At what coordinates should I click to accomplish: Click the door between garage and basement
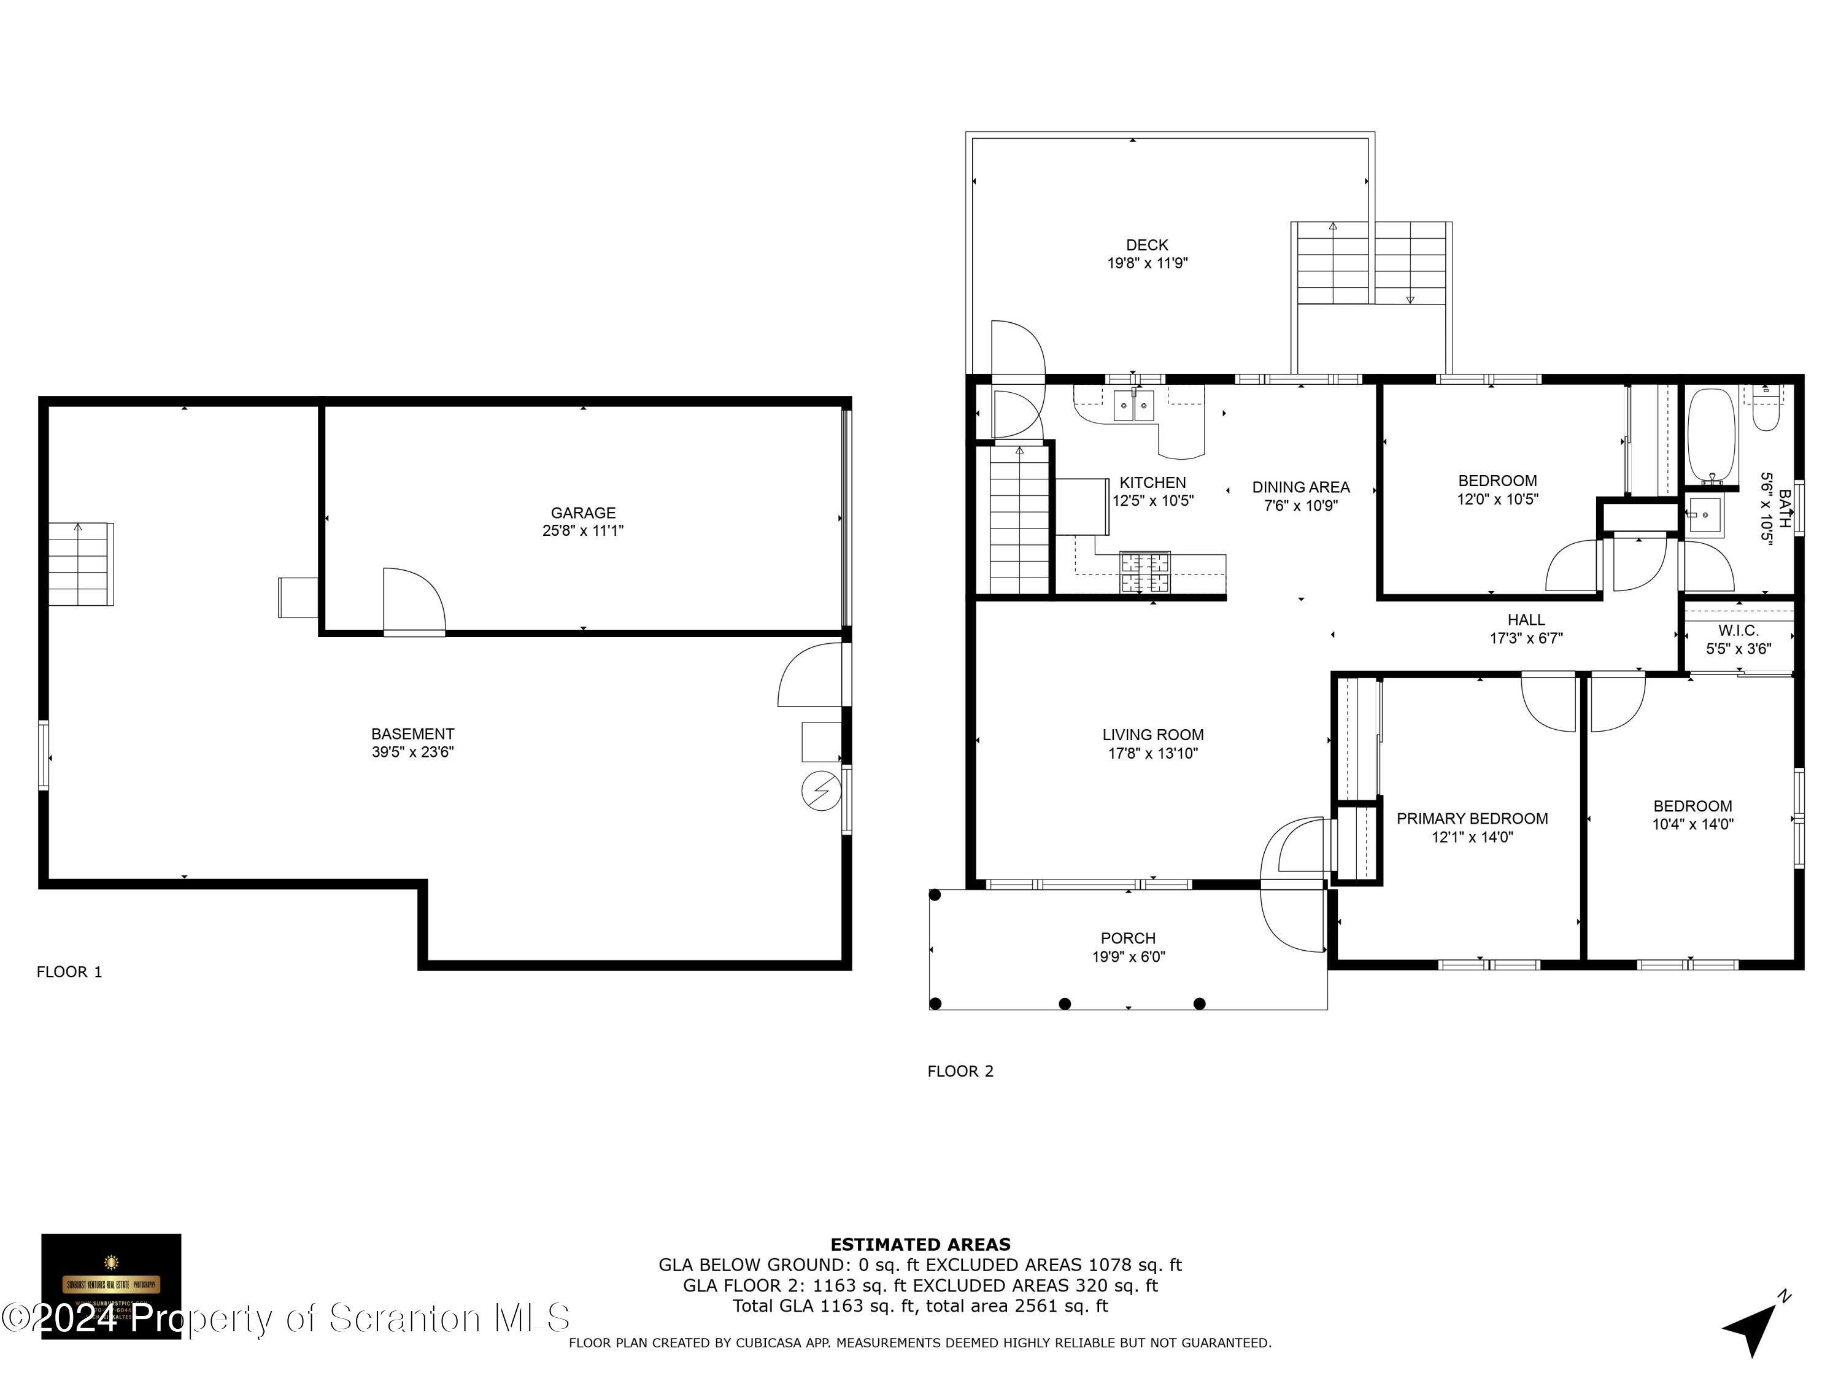pyautogui.click(x=414, y=603)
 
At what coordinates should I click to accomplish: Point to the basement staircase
pyautogui.click(x=80, y=565)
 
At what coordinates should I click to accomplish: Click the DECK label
pyautogui.click(x=1146, y=245)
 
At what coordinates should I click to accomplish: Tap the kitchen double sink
pyautogui.click(x=1135, y=407)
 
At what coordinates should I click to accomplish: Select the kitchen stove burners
pyautogui.click(x=1144, y=573)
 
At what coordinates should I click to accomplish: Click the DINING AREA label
pyautogui.click(x=1300, y=487)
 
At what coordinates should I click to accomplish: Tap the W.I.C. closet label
pyautogui.click(x=1738, y=631)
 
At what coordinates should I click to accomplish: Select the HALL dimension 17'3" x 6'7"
pyautogui.click(x=1526, y=638)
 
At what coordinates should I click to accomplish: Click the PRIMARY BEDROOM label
pyautogui.click(x=1472, y=818)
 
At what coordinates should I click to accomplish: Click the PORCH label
pyautogui.click(x=1128, y=938)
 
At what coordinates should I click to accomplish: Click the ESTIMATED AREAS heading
pyautogui.click(x=920, y=1245)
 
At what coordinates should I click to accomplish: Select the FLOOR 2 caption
pyautogui.click(x=960, y=1071)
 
